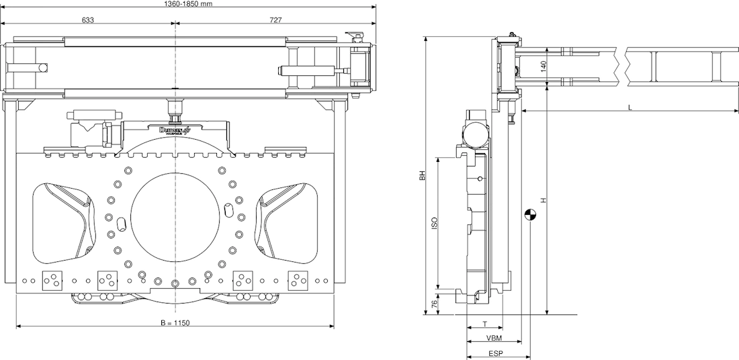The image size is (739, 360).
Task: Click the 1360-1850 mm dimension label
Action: coord(188,3)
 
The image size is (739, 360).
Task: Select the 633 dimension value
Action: coord(87,19)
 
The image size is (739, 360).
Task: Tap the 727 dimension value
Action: coord(275,19)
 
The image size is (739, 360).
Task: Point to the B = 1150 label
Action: coord(175,323)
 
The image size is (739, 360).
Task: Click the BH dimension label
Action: coord(423,176)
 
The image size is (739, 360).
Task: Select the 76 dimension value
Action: coord(435,304)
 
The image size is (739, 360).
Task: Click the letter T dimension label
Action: coord(484,324)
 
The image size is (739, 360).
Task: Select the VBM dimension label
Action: coord(493,338)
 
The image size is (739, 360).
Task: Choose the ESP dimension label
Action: coord(496,353)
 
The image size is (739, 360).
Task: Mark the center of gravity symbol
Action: coord(531,215)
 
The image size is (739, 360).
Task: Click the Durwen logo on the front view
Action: coord(175,130)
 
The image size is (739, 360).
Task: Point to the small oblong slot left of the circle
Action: coord(122,224)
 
